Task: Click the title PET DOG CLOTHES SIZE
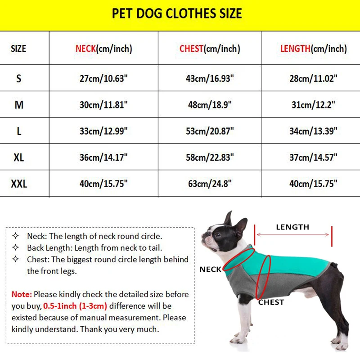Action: pyautogui.click(x=177, y=13)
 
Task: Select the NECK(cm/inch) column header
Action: pyautogui.click(x=103, y=49)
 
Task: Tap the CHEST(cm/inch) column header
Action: pyautogui.click(x=209, y=49)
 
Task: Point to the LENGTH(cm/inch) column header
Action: pyautogui.click(x=313, y=49)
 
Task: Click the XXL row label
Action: pyautogui.click(x=19, y=184)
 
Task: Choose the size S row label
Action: pyautogui.click(x=19, y=78)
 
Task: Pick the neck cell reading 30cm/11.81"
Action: pyautogui.click(x=103, y=105)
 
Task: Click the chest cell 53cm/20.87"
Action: pyautogui.click(x=209, y=131)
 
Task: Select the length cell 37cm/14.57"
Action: pyautogui.click(x=313, y=157)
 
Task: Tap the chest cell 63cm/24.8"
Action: pyautogui.click(x=209, y=184)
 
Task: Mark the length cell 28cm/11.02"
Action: pyautogui.click(x=313, y=78)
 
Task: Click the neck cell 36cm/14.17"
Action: pyautogui.click(x=103, y=157)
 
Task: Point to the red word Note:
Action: pyautogui.click(x=22, y=295)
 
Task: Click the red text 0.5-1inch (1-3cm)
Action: pyautogui.click(x=76, y=306)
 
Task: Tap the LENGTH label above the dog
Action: pyautogui.click(x=292, y=227)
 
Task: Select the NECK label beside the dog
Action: pyautogui.click(x=211, y=270)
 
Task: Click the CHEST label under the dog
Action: pyautogui.click(x=271, y=302)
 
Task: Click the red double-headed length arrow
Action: pyautogui.click(x=292, y=234)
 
